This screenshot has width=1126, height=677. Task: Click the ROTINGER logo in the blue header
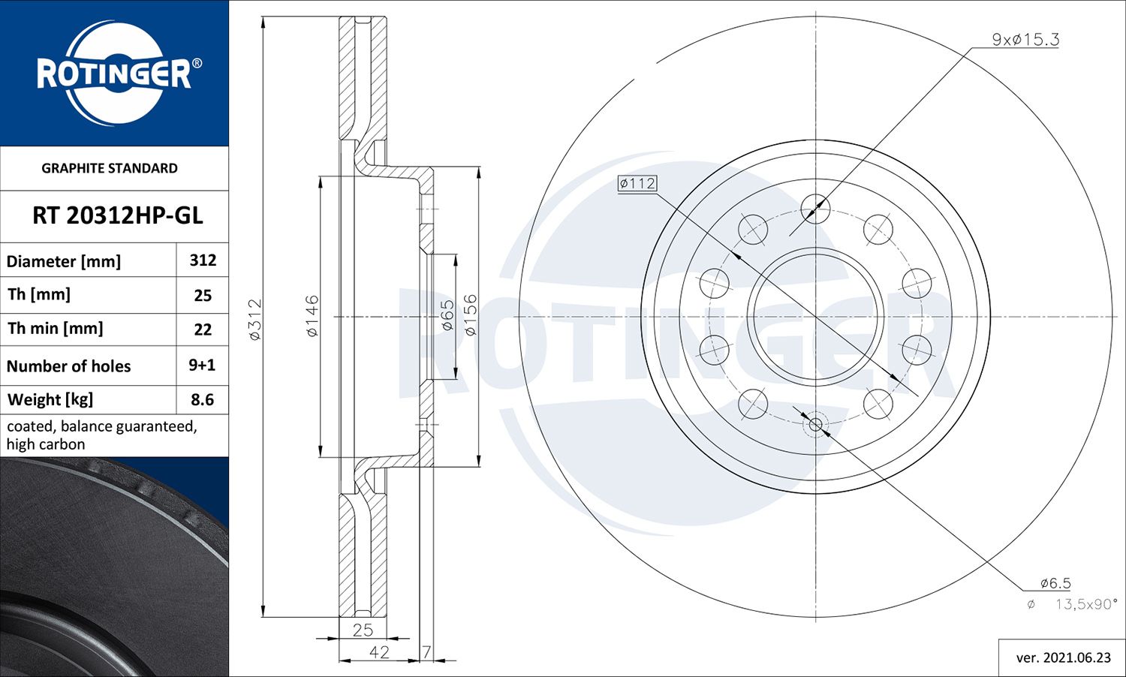pos(114,73)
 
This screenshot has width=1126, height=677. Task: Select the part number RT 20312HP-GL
pos(117,216)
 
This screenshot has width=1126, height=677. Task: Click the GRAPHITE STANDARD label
pos(110,168)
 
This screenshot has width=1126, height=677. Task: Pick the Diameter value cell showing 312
pos(203,260)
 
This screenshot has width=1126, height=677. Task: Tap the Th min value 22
pos(203,329)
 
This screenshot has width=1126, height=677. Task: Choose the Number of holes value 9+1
pos(202,365)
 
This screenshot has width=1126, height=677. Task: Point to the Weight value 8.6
pos(202,399)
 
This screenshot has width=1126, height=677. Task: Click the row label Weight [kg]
pos(50,399)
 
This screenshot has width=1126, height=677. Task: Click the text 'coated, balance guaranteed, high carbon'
pos(101,435)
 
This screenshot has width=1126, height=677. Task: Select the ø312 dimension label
pos(255,320)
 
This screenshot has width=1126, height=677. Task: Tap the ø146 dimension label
pos(312,316)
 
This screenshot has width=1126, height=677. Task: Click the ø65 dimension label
pos(447,316)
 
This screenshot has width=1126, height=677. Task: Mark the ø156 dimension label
pos(471,315)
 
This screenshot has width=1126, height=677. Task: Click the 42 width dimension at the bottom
pos(379,651)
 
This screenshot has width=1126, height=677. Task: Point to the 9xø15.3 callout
pos(1025,40)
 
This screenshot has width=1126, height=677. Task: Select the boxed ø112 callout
pos(637,183)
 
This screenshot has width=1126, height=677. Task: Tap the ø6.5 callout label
pos(1055,583)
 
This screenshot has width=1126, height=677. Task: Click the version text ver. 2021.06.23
pos(1063,657)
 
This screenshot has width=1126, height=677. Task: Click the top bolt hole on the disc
pos(815,208)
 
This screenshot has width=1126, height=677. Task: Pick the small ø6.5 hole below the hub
pos(816,425)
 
